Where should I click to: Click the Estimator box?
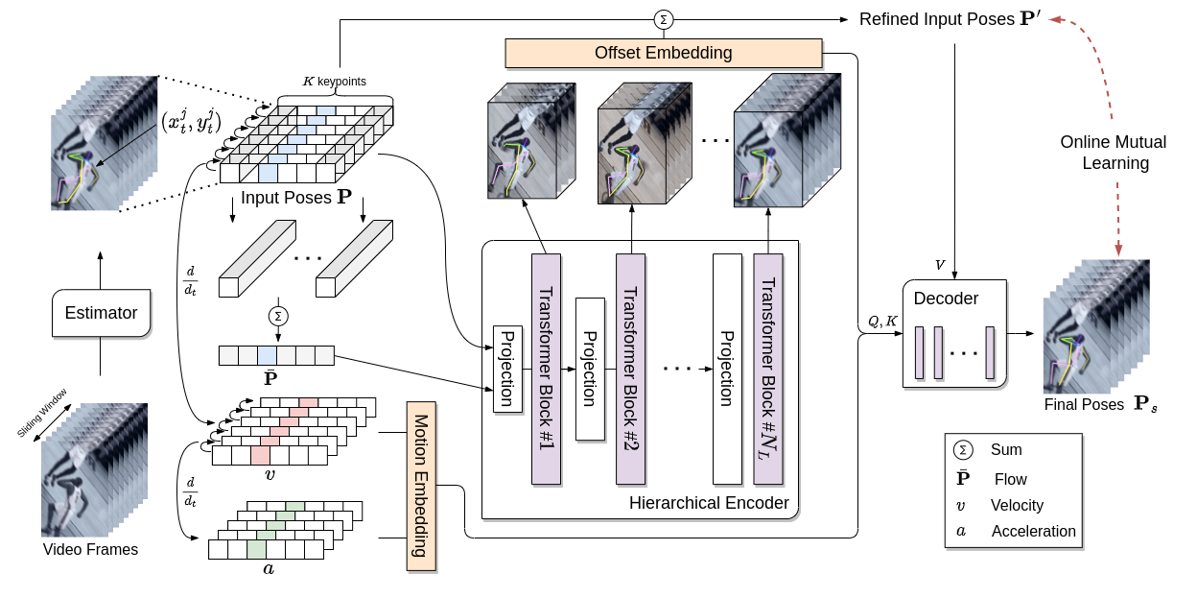pos(101,313)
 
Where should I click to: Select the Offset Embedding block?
pos(663,53)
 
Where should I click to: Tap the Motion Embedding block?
pos(420,486)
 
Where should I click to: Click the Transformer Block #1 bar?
pos(545,370)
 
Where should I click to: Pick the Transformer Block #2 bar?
pos(630,370)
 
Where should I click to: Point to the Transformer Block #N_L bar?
pos(768,370)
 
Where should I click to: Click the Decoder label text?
pos(946,299)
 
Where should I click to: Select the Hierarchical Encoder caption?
pos(709,503)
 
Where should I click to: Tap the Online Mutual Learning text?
pos(1113,153)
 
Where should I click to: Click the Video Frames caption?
pos(90,550)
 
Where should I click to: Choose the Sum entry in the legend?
pos(1006,450)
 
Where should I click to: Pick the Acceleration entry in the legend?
pos(1033,532)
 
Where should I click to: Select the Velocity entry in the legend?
pos(1017,505)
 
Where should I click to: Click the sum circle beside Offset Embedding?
pos(663,19)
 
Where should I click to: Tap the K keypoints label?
pos(334,81)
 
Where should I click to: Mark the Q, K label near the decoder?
pos(882,322)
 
